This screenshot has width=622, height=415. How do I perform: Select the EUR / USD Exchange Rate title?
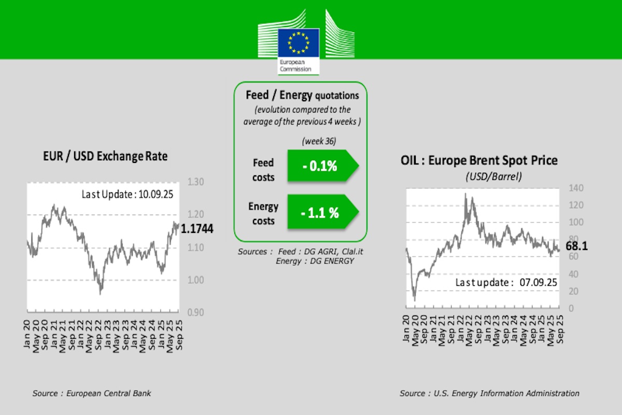point(105,156)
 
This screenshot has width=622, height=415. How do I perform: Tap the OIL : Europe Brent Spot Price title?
point(479,160)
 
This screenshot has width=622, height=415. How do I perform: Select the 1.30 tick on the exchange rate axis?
point(195,182)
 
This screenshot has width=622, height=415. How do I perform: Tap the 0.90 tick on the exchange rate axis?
point(195,312)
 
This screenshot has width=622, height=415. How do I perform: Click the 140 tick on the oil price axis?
point(576,188)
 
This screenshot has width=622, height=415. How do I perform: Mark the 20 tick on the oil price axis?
point(574,292)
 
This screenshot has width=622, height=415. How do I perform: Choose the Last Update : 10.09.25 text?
point(127,195)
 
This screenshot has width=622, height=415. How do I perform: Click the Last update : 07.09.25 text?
point(506,283)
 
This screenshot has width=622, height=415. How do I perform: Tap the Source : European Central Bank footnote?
point(92,393)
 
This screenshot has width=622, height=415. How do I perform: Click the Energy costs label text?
point(263,213)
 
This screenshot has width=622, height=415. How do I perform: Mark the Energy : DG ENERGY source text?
point(315,261)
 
